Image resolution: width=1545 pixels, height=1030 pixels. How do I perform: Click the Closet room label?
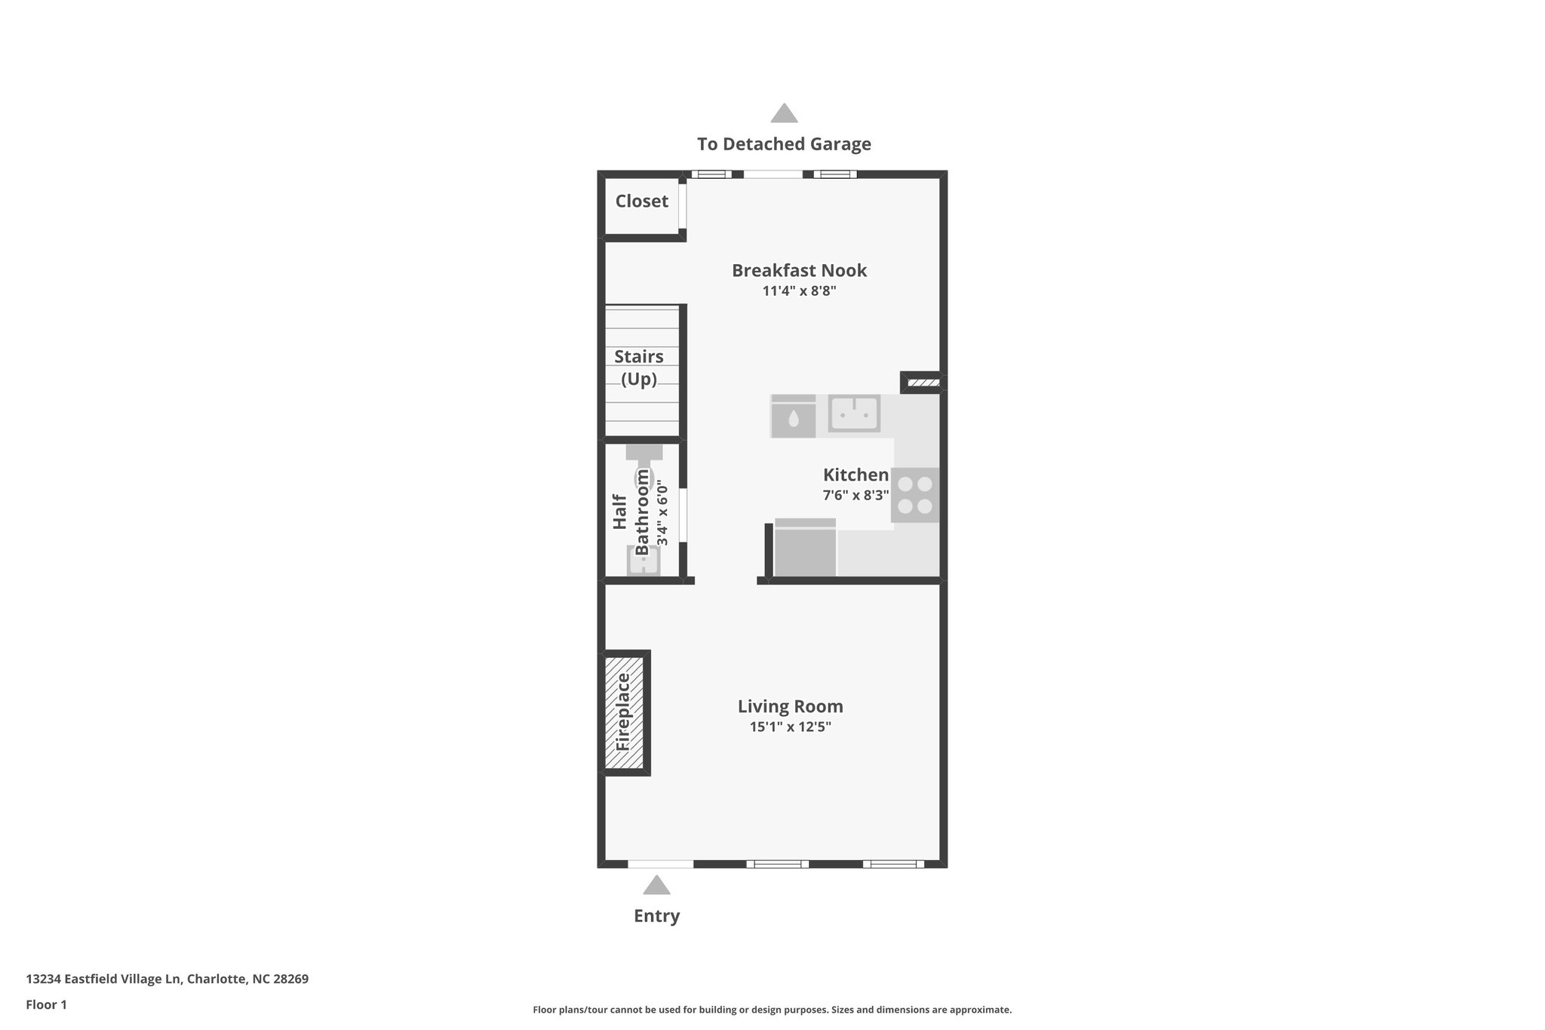(x=641, y=201)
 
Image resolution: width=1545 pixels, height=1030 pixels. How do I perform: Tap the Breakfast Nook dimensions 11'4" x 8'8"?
(x=799, y=291)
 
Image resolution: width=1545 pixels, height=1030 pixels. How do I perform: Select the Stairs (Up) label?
(x=639, y=367)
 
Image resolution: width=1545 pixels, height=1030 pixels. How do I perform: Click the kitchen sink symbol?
(x=854, y=413)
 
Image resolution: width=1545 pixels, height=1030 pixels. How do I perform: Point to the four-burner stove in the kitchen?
(x=915, y=495)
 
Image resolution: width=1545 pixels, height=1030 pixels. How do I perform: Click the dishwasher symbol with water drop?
(x=793, y=417)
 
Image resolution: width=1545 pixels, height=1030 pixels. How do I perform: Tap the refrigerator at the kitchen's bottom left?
(x=805, y=549)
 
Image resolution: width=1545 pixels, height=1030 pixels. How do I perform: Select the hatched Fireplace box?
(x=624, y=712)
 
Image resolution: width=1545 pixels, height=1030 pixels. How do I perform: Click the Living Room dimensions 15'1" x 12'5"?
(x=790, y=727)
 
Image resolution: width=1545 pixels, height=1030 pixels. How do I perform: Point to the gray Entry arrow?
(x=656, y=885)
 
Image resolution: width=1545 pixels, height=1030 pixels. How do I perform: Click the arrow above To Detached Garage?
(x=784, y=113)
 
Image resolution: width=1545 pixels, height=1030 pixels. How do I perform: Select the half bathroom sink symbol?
(x=643, y=561)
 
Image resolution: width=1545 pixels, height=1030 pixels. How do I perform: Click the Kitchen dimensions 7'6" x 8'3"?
(x=855, y=496)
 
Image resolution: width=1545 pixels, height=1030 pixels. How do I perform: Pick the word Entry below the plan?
(x=656, y=916)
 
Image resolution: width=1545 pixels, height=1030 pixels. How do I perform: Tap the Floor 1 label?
(x=47, y=1005)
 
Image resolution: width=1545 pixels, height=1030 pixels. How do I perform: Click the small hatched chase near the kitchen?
(x=923, y=383)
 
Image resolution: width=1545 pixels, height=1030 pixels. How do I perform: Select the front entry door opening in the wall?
(x=660, y=864)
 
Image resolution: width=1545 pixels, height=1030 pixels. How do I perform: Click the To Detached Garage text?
(x=784, y=144)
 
